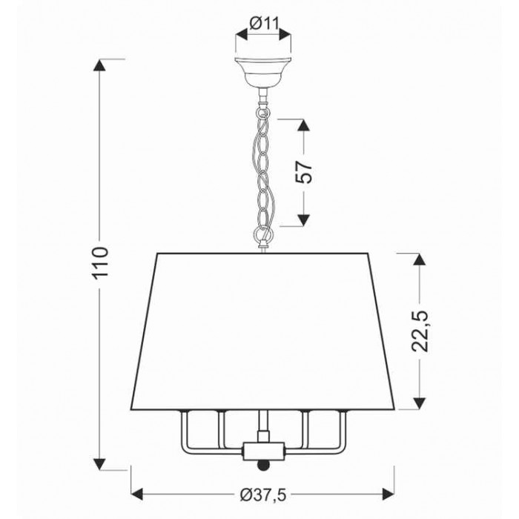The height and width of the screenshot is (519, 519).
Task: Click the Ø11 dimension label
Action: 265,24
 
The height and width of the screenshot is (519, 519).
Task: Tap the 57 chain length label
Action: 304,172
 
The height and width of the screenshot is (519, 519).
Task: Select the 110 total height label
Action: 100,263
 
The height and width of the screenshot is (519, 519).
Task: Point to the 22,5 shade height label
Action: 420,331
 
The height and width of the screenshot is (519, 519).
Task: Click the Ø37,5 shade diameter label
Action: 262,495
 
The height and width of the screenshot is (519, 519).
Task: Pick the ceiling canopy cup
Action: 263,72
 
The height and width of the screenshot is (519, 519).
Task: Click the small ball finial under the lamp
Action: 263,465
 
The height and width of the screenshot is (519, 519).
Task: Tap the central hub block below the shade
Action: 263,452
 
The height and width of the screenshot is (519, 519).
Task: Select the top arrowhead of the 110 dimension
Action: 99,65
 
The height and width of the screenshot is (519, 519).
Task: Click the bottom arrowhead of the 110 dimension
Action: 99,464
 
